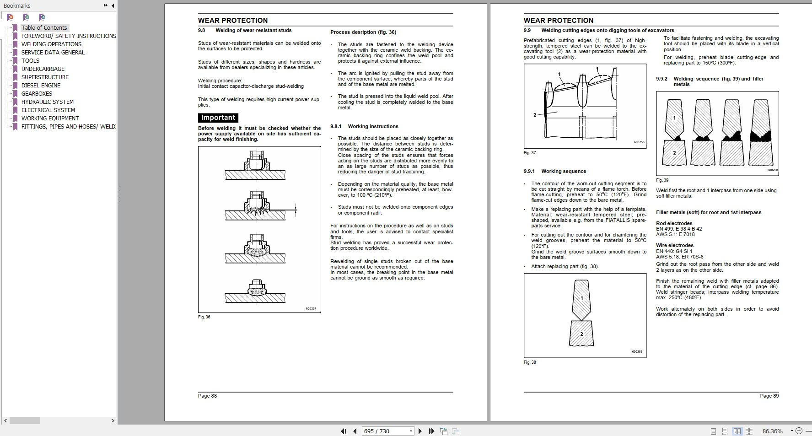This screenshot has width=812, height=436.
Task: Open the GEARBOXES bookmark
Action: (x=37, y=93)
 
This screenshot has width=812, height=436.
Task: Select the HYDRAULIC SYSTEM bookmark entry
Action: (x=47, y=102)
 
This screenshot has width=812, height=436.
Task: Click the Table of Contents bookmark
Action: (x=44, y=27)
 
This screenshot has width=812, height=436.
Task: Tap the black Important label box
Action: (x=218, y=118)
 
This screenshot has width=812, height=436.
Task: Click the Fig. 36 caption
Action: (x=204, y=317)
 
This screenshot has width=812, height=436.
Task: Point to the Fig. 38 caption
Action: (x=530, y=362)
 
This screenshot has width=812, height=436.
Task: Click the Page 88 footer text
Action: (x=207, y=396)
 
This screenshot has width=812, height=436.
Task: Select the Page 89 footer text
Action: (x=769, y=396)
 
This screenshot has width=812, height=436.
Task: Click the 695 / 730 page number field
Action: (x=384, y=431)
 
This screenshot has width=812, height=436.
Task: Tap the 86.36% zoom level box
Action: (x=772, y=431)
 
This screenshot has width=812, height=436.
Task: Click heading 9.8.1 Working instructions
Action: (x=364, y=126)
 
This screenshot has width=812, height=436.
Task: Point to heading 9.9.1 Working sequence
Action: (x=554, y=171)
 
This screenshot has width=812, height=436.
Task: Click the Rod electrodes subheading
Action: (x=674, y=223)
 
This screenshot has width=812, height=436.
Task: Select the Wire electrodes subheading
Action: (x=675, y=245)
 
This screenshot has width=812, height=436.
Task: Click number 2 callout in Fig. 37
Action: (x=534, y=115)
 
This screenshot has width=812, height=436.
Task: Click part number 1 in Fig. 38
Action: (x=581, y=298)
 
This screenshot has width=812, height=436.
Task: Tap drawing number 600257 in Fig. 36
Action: (x=311, y=308)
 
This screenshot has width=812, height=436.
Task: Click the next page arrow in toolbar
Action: (x=420, y=431)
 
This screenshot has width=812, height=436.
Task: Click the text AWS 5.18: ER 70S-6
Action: (x=679, y=257)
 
